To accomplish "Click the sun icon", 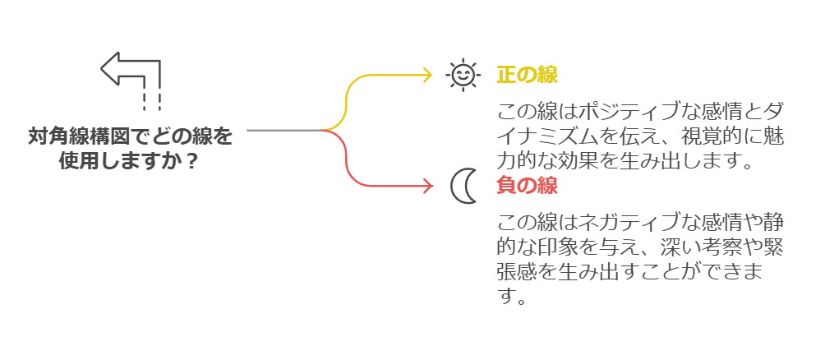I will (463, 75).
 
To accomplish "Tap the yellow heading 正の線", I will (527, 76).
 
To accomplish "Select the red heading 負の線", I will (527, 186).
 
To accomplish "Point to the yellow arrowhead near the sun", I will (426, 75).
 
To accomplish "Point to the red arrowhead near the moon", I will (426, 186).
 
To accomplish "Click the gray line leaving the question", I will (284, 131).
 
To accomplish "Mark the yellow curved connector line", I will (350, 95).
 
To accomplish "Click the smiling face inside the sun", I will (463, 75).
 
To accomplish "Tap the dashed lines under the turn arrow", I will (151, 100).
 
